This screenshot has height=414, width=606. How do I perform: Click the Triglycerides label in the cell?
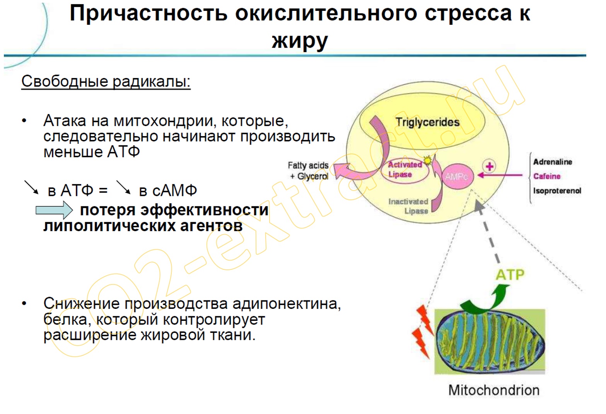pos(427,123)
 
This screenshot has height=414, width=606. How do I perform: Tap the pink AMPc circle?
pos(457,176)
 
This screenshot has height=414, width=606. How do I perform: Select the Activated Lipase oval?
pos(405,170)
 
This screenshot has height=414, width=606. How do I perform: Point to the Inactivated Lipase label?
pos(408,206)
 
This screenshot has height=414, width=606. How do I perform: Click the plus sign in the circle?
pos(489,166)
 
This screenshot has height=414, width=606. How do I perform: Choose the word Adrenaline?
pos(553,162)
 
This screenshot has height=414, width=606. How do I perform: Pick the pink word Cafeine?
pos(547,176)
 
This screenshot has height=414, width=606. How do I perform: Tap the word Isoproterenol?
pos(557,191)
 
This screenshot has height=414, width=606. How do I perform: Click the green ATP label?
pos(510,275)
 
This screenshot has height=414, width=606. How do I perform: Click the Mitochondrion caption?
pos(494,390)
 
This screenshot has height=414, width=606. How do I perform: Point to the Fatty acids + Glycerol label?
pos(308,170)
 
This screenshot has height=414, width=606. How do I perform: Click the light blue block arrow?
pos(54,210)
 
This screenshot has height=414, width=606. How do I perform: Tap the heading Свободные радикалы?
pos(106,81)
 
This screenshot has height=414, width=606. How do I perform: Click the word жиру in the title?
pos(300,41)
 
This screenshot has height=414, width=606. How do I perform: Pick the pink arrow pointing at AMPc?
pos(500,175)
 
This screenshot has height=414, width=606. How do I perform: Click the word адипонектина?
pos(287,303)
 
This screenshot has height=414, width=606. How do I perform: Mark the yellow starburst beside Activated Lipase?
pos(427,160)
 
